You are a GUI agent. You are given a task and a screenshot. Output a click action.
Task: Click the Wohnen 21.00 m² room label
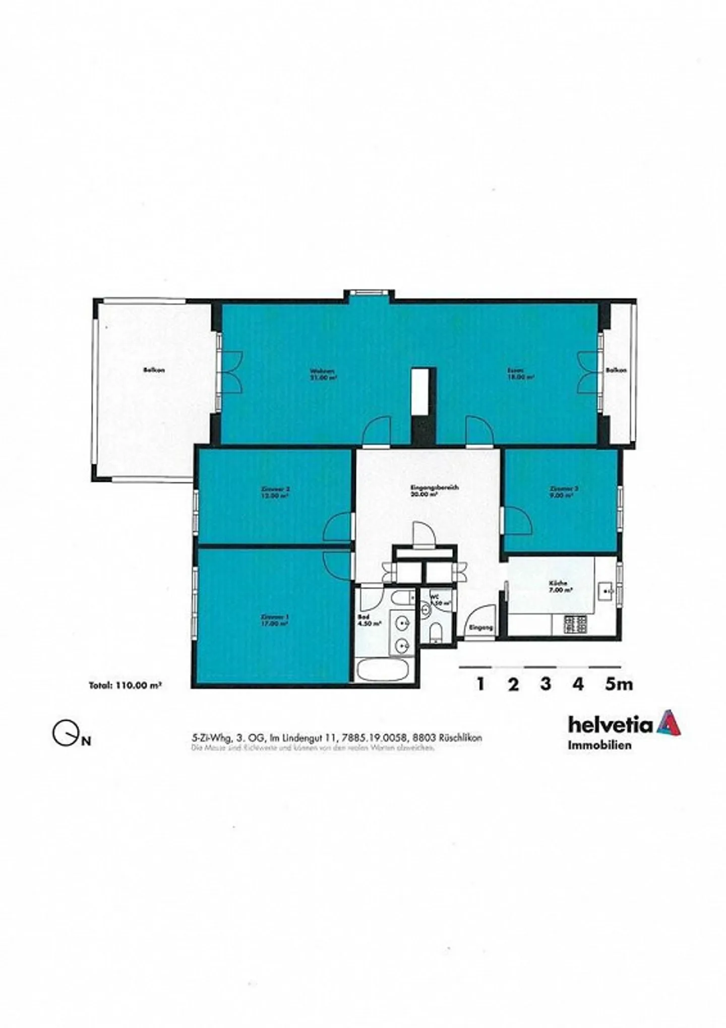pyautogui.click(x=323, y=374)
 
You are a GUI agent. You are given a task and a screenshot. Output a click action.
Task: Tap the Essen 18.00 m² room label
pyautogui.click(x=521, y=374)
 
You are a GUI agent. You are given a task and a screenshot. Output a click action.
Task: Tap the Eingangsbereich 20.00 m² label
pyautogui.click(x=428, y=491)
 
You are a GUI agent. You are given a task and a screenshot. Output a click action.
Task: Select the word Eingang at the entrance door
pyautogui.click(x=480, y=628)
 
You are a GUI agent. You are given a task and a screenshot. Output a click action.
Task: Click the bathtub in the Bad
pyautogui.click(x=382, y=670)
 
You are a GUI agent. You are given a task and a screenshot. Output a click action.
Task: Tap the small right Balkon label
pyautogui.click(x=616, y=370)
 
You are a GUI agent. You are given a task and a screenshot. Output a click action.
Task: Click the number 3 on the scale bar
pyautogui.click(x=546, y=684)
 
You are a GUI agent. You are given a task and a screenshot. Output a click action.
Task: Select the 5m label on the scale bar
pyautogui.click(x=619, y=684)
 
